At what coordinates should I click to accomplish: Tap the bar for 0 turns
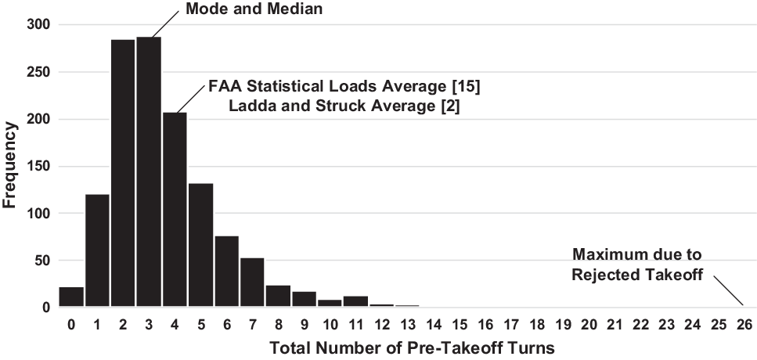click(71, 298)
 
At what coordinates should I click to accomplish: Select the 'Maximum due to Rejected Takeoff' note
click(636, 265)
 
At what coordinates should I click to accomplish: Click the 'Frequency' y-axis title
click(11, 166)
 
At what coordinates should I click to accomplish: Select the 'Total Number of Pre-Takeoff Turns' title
click(412, 348)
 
